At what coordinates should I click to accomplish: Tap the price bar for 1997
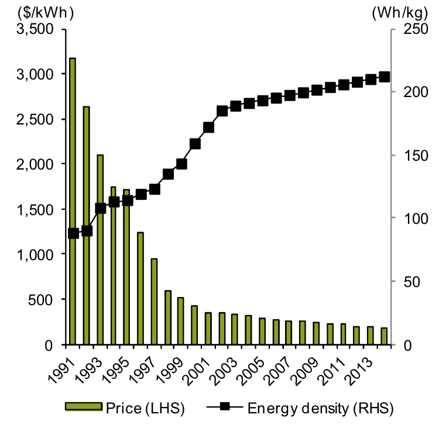click(154, 302)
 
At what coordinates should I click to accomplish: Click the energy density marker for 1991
click(73, 233)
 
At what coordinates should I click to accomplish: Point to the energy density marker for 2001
click(208, 127)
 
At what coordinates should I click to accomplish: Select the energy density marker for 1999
click(181, 164)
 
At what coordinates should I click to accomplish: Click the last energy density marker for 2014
click(384, 77)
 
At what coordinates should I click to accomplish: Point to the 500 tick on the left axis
click(44, 299)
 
